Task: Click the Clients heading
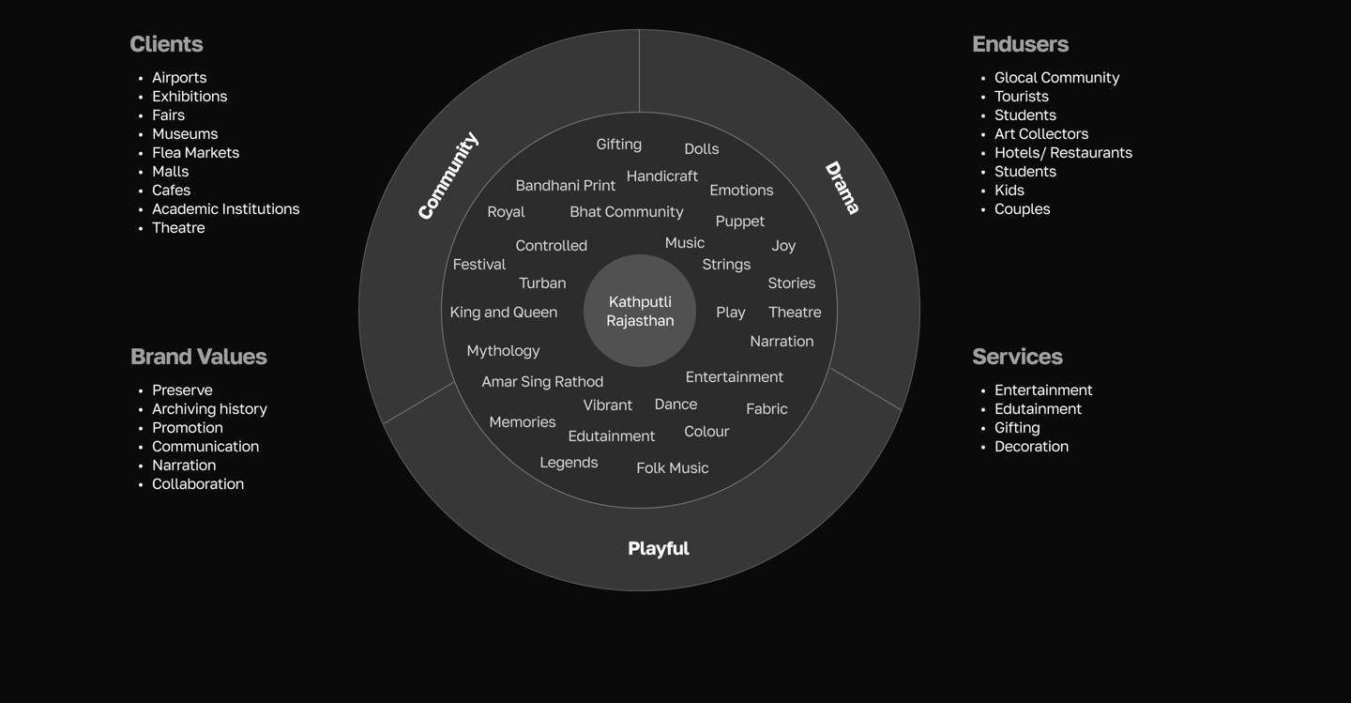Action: coord(166,44)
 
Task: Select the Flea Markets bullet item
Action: coord(195,153)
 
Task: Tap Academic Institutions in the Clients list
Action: coord(225,209)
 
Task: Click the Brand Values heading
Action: coord(199,357)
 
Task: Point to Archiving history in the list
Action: coord(209,409)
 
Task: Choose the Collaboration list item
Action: coord(197,484)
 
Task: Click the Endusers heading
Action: coord(1020,44)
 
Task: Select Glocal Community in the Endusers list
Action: coord(1056,78)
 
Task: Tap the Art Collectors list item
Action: coord(1041,134)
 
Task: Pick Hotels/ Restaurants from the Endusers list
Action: coord(1063,153)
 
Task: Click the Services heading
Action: coord(1017,357)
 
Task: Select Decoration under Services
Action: coord(1031,447)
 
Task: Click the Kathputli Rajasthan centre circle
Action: coord(640,311)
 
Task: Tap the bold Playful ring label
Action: coord(658,549)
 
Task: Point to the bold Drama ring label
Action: coord(842,188)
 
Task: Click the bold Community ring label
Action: coord(448,176)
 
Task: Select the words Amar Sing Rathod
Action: coord(542,382)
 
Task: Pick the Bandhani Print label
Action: coord(566,186)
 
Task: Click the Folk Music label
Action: coord(673,468)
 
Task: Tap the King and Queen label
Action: coord(504,313)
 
